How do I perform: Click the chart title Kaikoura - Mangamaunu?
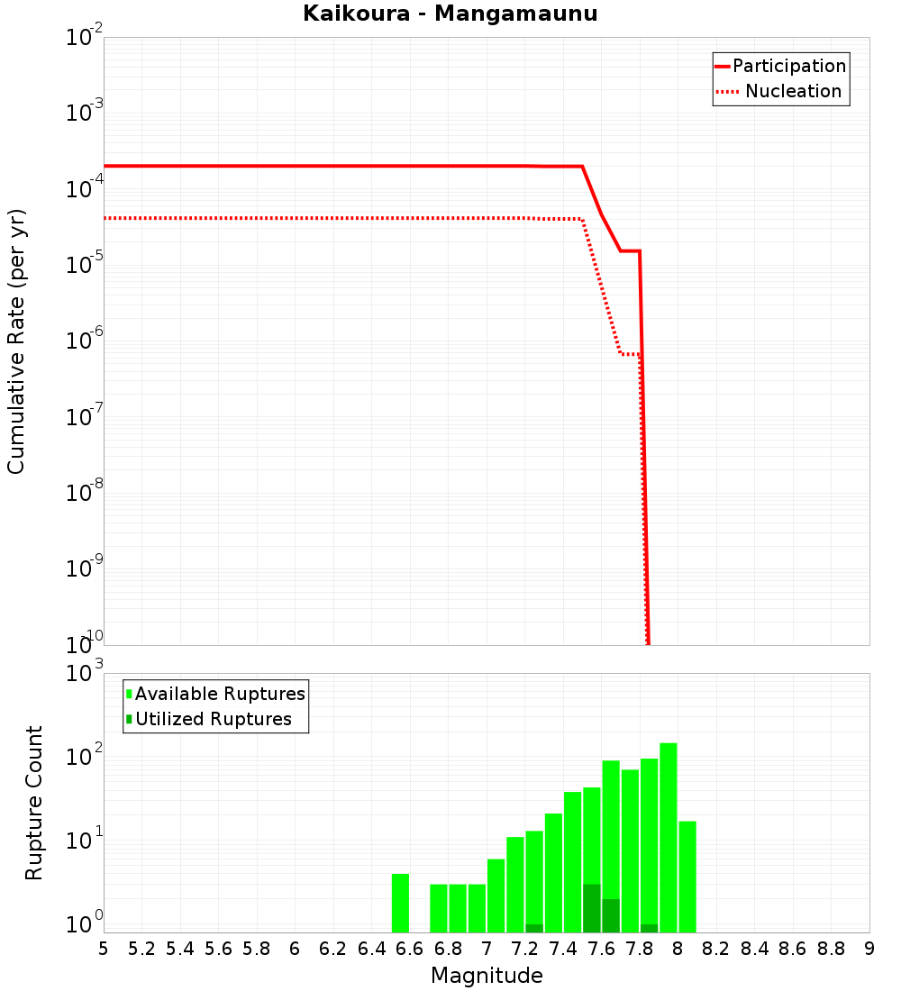point(450,14)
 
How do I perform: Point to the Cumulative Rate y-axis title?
point(16,341)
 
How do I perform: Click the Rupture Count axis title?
point(34,802)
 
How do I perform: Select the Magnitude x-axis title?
point(487,976)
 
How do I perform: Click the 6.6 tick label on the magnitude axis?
point(409,949)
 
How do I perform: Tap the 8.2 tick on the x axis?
point(716,949)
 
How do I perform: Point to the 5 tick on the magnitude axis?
point(104,949)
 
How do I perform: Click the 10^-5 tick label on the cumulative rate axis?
point(86,265)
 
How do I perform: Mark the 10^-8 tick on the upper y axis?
point(86,493)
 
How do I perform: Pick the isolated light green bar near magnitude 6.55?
point(400,903)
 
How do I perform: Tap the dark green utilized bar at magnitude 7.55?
point(592,908)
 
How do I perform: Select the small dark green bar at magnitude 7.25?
point(534,928)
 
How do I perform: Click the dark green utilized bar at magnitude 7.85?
point(650,928)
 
